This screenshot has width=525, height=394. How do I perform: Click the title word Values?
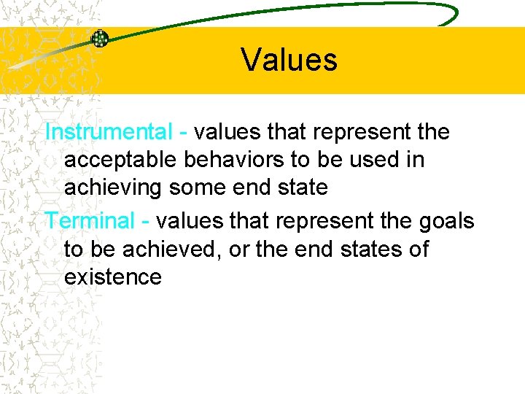point(289,59)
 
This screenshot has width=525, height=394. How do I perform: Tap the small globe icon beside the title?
point(100,39)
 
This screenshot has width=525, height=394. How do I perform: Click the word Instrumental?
point(108,132)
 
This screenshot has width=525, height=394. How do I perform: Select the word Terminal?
point(90,220)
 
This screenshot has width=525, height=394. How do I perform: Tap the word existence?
point(113,277)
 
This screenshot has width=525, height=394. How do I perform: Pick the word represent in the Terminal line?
point(315,220)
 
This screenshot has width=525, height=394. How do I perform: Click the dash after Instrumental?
point(182,133)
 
